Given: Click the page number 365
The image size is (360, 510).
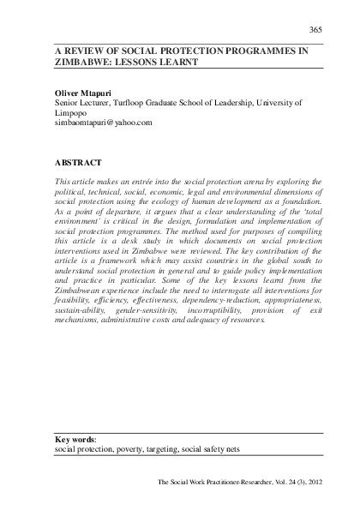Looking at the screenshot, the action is tap(315, 30).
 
